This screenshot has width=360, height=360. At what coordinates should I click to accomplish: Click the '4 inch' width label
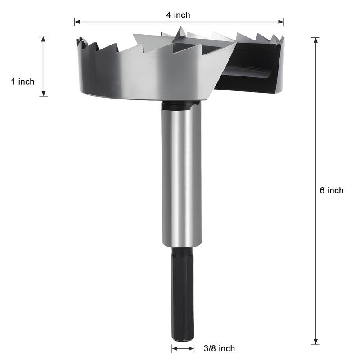(179, 15)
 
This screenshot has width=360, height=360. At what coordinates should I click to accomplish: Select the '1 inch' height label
(22, 81)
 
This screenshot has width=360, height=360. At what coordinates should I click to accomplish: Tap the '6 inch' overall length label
(332, 190)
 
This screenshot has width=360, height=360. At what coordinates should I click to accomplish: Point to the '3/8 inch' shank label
(219, 348)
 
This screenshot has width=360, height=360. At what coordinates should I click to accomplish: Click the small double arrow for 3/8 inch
(183, 348)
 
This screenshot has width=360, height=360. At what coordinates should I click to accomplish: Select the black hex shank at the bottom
(183, 292)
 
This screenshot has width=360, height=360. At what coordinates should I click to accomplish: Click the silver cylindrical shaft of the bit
(182, 175)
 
